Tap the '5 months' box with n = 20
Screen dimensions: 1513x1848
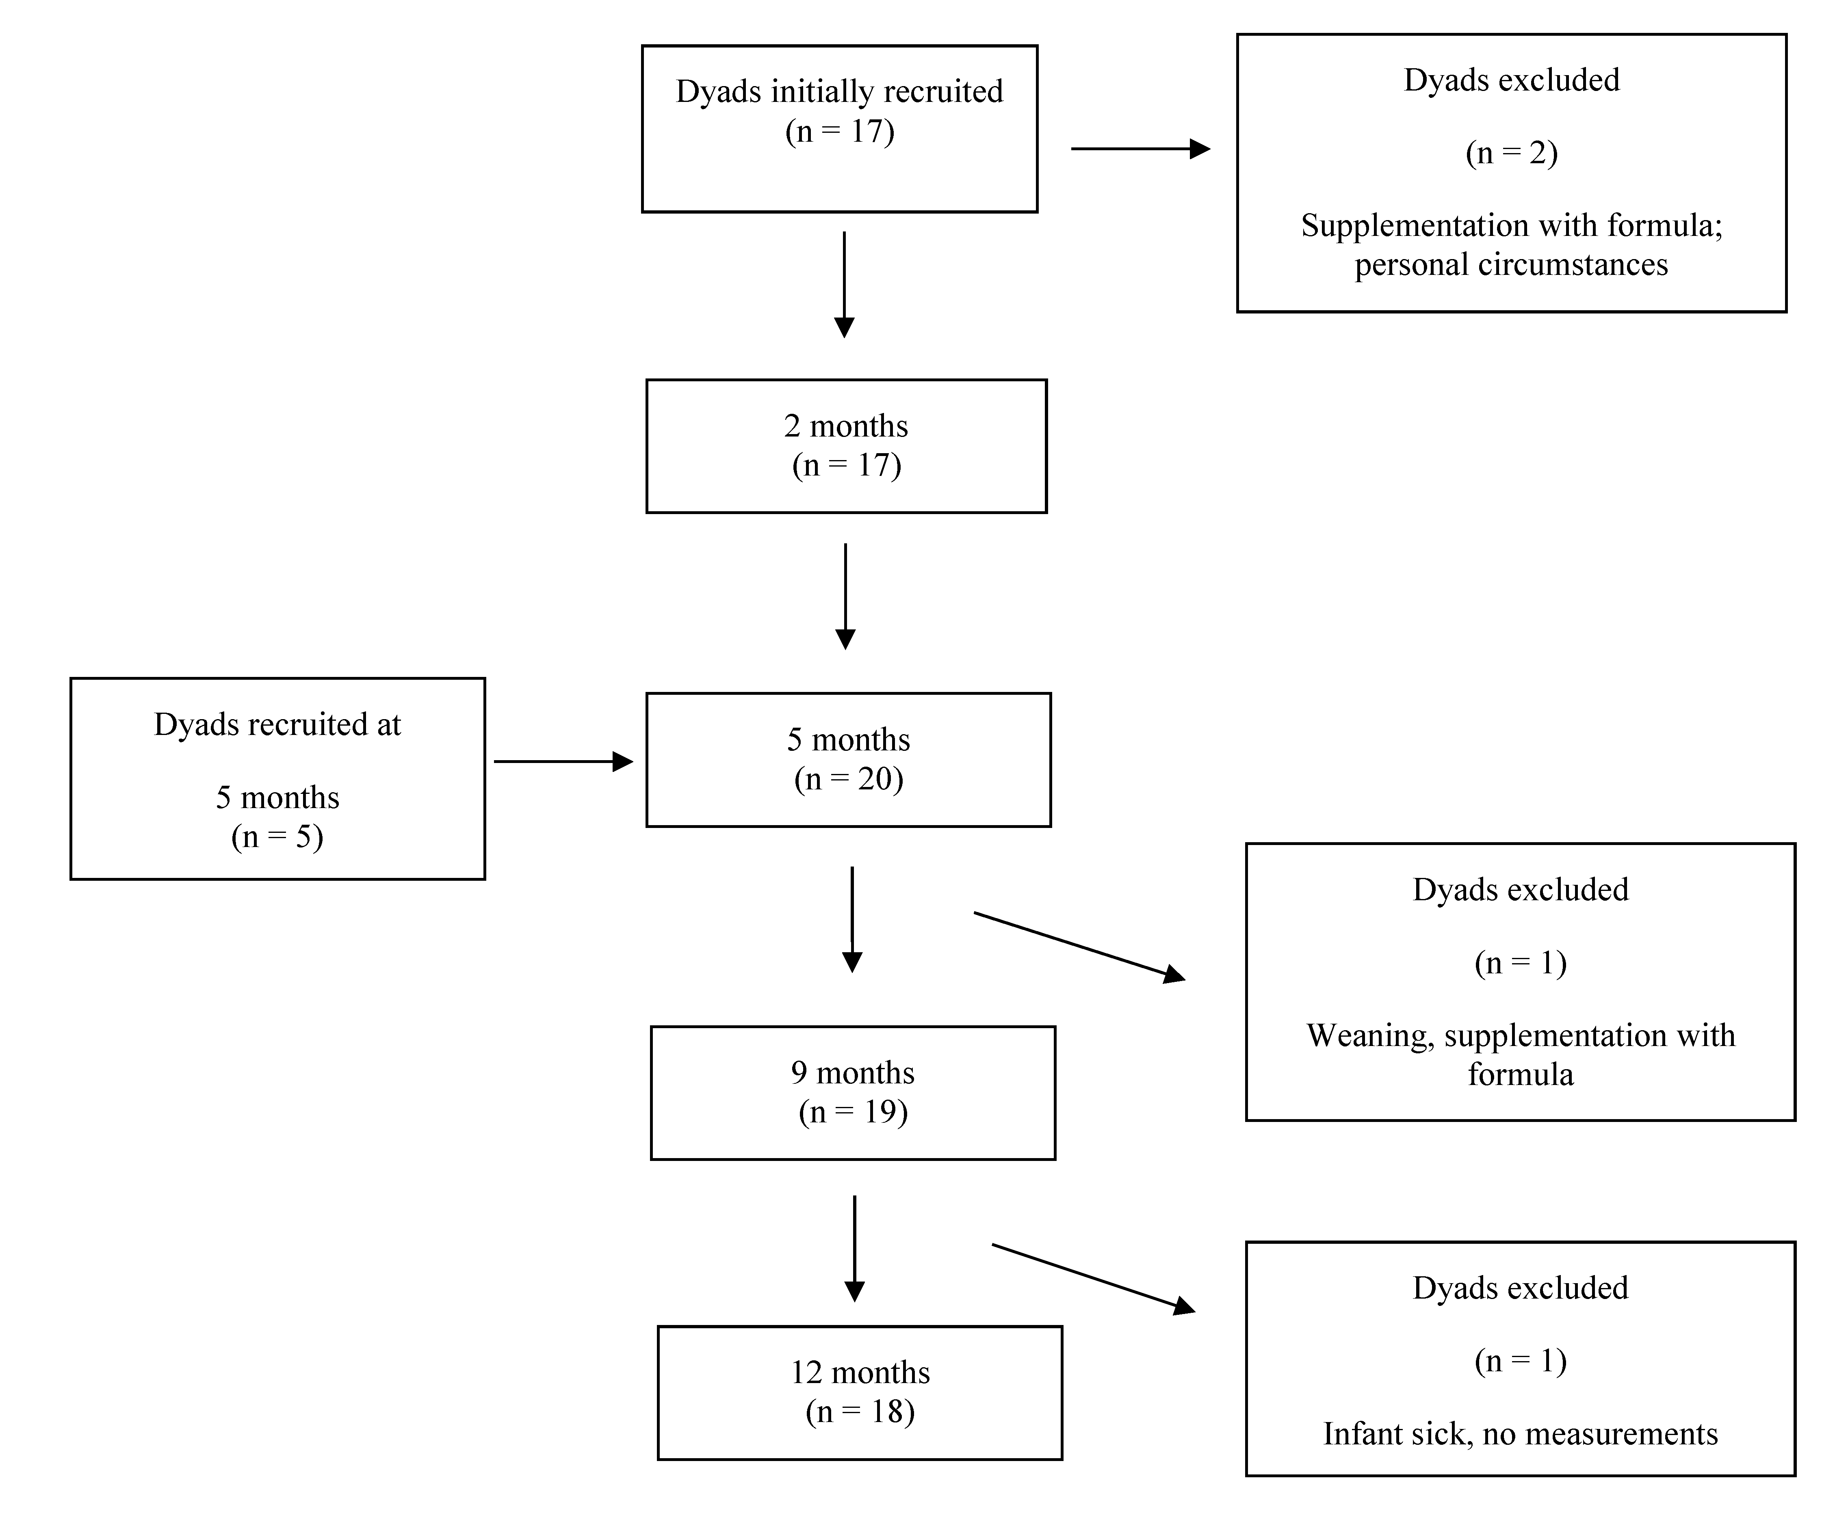(848, 759)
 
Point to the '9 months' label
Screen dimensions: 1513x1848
(853, 1072)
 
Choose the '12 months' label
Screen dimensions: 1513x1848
(860, 1372)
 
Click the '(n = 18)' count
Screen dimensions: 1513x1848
(860, 1411)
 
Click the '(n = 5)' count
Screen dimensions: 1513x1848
(277, 836)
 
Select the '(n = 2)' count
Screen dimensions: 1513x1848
(1511, 153)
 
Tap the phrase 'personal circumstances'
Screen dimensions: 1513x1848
(1511, 264)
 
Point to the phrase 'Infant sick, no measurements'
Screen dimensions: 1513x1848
(1519, 1434)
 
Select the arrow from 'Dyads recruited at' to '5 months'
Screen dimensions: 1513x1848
(562, 762)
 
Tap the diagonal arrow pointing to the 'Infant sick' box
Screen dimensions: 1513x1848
(1092, 1277)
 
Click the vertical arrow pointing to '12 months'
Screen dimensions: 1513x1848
(854, 1248)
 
